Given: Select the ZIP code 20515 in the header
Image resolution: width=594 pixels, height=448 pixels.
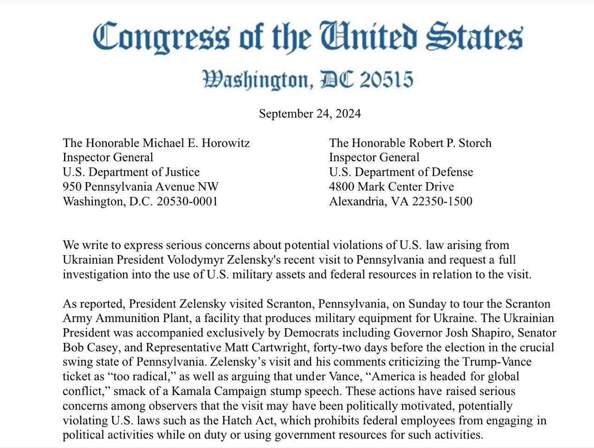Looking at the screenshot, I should pos(386,80).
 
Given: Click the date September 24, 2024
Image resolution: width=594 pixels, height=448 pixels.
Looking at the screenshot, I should pos(310,114).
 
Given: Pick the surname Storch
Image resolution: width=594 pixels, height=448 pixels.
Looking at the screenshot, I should pos(475,143).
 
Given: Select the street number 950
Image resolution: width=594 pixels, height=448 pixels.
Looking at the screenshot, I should pos(72,187).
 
